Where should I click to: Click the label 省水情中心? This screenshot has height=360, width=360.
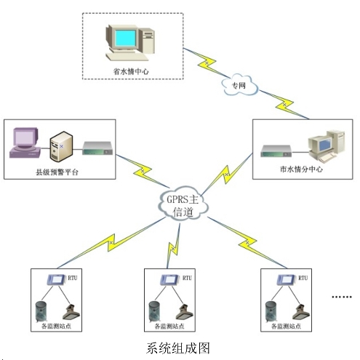pyautogui.click(x=131, y=71)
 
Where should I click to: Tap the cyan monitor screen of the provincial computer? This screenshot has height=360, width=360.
pyautogui.click(x=125, y=38)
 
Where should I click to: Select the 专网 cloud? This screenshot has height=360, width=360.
pyautogui.click(x=239, y=86)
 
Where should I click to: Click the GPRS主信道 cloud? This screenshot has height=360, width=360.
pyautogui.click(x=183, y=206)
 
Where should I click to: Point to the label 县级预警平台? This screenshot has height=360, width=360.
pyautogui.click(x=57, y=172)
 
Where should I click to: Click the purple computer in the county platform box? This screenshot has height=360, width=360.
pyautogui.click(x=25, y=143)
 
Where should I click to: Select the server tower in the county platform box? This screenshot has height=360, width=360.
pyautogui.click(x=61, y=146)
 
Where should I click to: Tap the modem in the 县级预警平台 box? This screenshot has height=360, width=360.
pyautogui.click(x=97, y=148)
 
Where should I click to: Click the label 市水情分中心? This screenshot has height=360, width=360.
pyautogui.click(x=301, y=169)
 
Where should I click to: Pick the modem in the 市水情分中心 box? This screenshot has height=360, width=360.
pyautogui.click(x=276, y=151)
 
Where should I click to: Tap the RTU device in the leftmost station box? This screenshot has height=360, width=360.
pyautogui.click(x=56, y=280)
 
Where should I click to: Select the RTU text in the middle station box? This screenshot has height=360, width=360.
pyautogui.click(x=187, y=278)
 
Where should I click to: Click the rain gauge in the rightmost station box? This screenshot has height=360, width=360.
pyautogui.click(x=271, y=311)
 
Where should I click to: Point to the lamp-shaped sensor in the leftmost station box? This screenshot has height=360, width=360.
pyautogui.click(x=71, y=313)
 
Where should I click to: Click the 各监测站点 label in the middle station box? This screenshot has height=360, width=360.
pyautogui.click(x=169, y=327)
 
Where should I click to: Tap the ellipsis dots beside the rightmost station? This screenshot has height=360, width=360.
pyautogui.click(x=342, y=297)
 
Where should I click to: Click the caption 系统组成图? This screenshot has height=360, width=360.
pyautogui.click(x=178, y=348)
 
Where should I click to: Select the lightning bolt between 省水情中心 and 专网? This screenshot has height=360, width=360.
pyautogui.click(x=206, y=63)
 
